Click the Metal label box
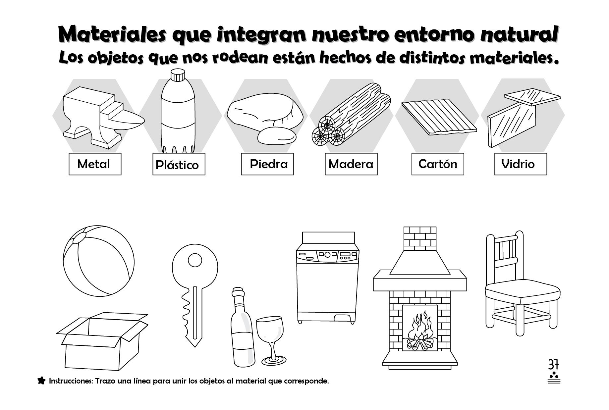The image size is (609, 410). click(x=95, y=164)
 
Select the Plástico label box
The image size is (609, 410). click(x=179, y=164)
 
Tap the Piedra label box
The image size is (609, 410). click(x=267, y=164)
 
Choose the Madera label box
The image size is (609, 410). click(x=351, y=164)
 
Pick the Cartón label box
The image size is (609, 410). click(x=437, y=164)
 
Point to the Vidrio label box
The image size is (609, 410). click(x=520, y=164)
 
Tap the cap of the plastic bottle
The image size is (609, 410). click(x=178, y=75)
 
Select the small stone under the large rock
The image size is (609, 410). click(x=277, y=135)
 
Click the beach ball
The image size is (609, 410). click(x=99, y=261)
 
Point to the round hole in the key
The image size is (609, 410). click(x=195, y=260)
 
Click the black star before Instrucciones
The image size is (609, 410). click(x=41, y=381)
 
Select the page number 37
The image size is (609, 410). click(x=553, y=365)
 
